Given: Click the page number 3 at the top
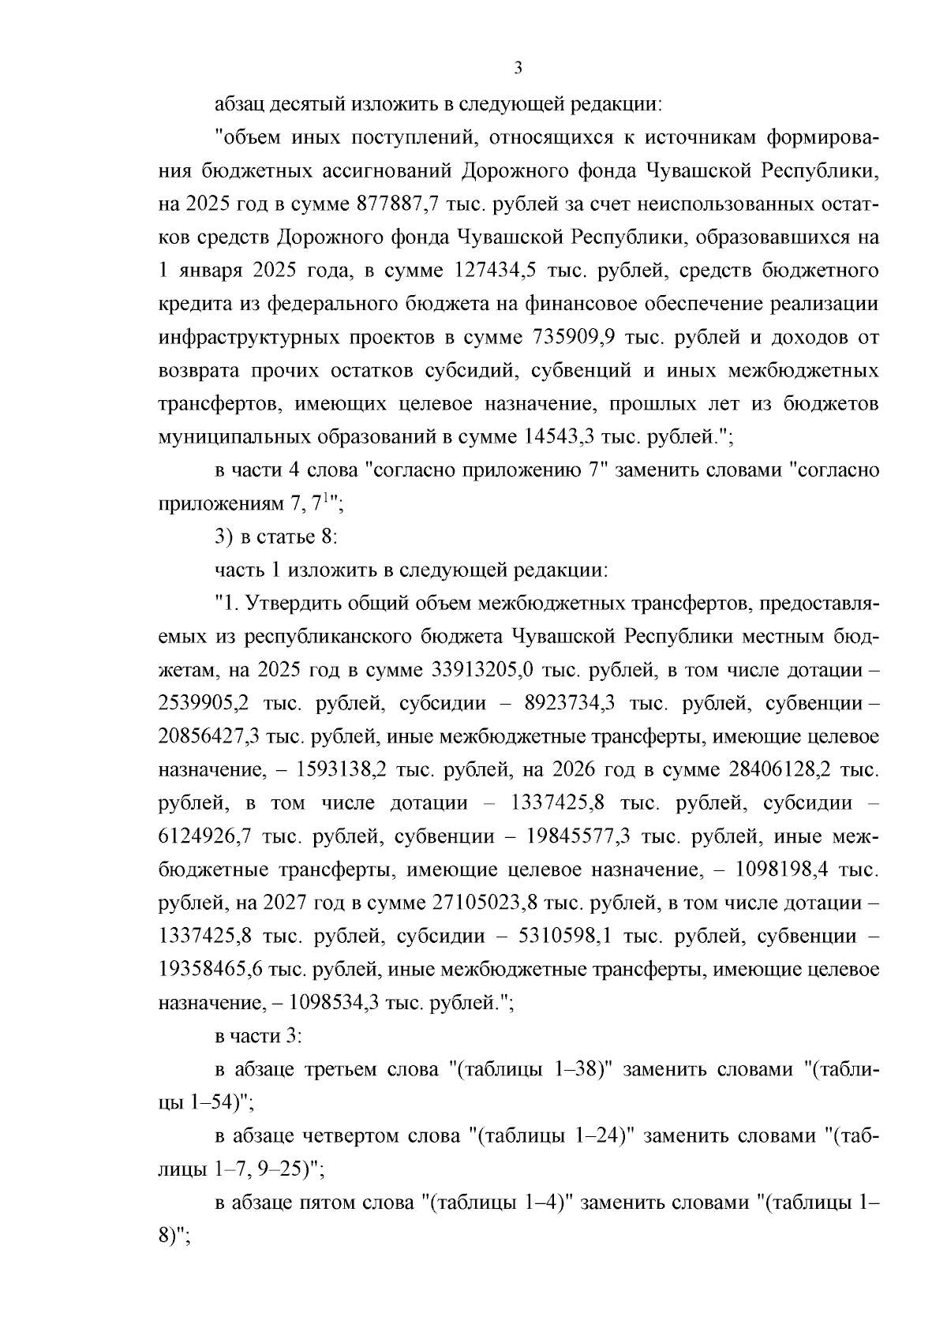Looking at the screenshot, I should point(518,68).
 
